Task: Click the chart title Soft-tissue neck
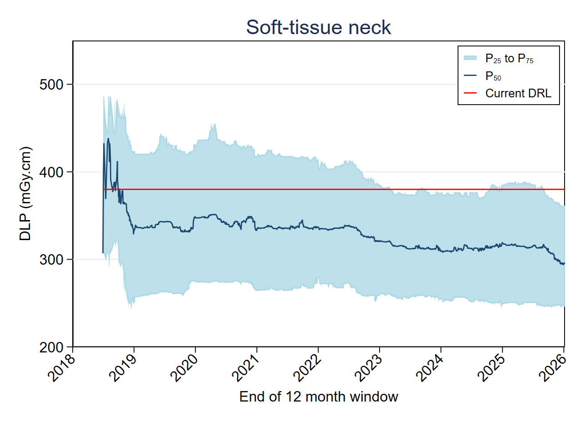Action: pos(318,28)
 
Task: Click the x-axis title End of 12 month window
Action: pos(318,397)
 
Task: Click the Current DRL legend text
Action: pos(518,93)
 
